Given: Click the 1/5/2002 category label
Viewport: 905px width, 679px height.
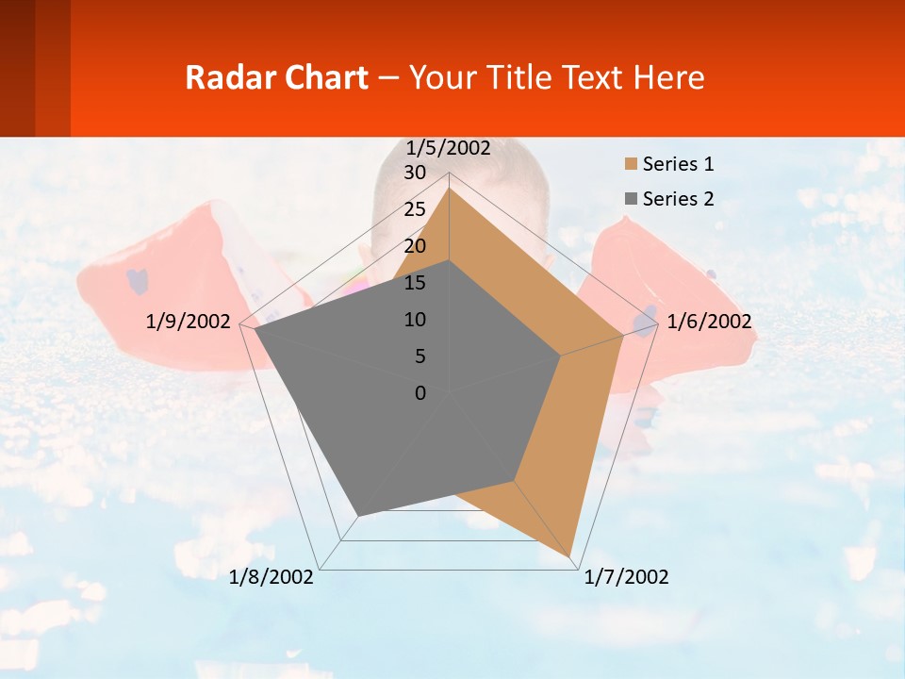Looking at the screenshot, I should tap(448, 148).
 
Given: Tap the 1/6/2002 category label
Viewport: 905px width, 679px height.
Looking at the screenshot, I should tap(709, 322).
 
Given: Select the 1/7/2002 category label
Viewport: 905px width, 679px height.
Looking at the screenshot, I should tap(626, 577).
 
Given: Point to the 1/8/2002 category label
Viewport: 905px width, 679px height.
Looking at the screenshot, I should tap(271, 577).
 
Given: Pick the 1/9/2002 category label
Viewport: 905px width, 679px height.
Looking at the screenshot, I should tap(188, 322).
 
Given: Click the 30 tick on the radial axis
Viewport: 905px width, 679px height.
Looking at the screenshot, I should tap(415, 173).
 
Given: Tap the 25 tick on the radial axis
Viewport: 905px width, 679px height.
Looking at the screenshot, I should tap(415, 209).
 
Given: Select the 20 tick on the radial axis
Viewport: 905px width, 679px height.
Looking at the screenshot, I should tap(415, 246).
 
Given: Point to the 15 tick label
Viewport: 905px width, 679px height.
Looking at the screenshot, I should tap(415, 283).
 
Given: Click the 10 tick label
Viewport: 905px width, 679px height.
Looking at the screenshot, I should tap(415, 320).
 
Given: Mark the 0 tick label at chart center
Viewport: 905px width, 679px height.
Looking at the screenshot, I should tap(420, 393).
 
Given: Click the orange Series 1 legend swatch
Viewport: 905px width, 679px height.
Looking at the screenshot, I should tap(631, 164).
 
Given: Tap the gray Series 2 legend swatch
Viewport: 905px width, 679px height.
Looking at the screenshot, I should tap(631, 198).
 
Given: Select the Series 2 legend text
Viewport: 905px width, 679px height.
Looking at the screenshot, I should tap(678, 198).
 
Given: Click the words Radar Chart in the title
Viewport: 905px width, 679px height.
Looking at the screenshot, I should tap(276, 77).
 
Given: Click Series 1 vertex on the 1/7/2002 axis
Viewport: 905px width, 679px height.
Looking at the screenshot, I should tap(572, 555).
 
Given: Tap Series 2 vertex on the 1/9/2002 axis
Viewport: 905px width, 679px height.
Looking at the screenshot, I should tap(255, 329).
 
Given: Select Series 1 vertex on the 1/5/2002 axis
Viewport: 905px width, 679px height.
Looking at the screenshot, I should tap(450, 189).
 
